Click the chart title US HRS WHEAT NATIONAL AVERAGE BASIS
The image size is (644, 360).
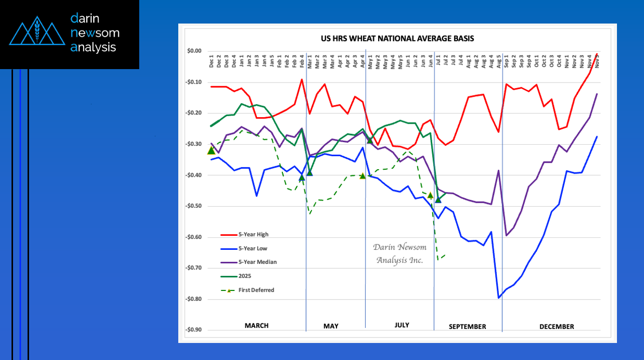397,39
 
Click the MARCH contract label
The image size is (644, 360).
256,326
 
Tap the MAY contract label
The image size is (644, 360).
331,326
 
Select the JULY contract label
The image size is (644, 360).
402,325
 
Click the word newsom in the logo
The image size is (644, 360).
95,33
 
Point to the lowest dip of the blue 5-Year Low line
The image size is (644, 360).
499,298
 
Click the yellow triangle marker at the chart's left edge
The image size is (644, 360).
211,150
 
